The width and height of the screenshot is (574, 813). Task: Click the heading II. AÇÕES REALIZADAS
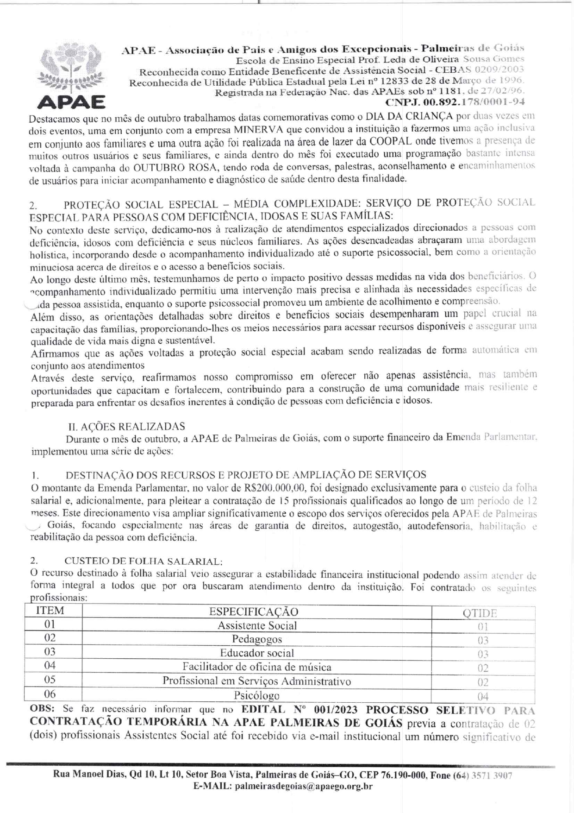coord(126,426)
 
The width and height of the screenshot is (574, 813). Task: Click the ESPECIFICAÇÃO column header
coord(254,611)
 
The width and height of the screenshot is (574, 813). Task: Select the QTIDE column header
coord(480,613)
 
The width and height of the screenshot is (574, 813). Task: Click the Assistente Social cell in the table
coord(257,625)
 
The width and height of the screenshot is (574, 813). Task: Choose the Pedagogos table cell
coord(257,639)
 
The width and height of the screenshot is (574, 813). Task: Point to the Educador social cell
coord(257,653)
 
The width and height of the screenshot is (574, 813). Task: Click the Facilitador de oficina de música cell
coord(257,667)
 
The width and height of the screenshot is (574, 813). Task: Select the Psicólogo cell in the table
coord(257,695)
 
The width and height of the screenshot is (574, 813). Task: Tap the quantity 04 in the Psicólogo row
coord(483,696)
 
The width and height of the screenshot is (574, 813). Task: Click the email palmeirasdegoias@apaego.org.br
coord(304,786)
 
